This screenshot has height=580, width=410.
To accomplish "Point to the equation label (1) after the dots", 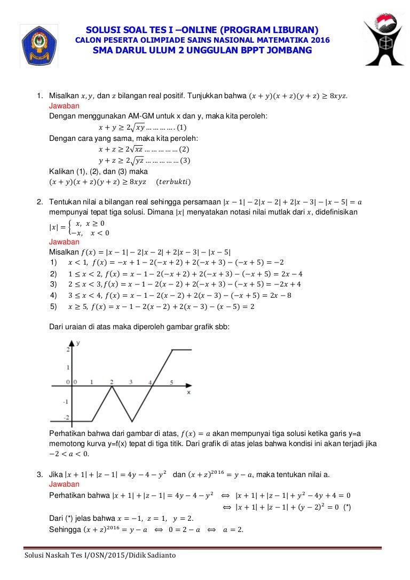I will point(182,128).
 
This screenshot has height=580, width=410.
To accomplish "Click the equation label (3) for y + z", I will point(185,160).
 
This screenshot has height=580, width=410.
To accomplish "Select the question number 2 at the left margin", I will point(40,202).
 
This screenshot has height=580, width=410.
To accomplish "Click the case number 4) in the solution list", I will point(53,295).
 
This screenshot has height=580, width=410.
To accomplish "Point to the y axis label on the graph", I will point(78,344).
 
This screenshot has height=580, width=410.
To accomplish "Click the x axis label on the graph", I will point(189,392).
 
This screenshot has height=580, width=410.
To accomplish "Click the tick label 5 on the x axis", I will point(171,382).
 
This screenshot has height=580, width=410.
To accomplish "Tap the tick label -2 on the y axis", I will point(67,417).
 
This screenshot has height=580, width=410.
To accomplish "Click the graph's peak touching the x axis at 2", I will point(112,386).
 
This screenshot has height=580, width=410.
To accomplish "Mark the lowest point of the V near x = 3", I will point(132,421).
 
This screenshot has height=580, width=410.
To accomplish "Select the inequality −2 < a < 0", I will point(69,454).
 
